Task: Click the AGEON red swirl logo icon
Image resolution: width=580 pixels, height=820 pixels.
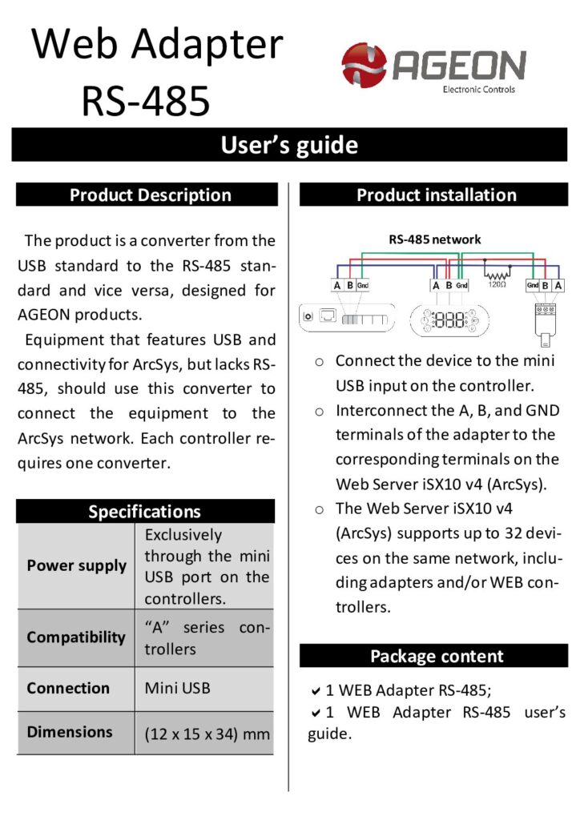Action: pyautogui.click(x=364, y=65)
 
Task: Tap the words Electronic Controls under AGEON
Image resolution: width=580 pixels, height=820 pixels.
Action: pyautogui.click(x=478, y=90)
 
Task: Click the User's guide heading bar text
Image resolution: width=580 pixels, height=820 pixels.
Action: pyautogui.click(x=289, y=145)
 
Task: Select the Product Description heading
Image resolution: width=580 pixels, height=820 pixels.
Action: pyautogui.click(x=151, y=195)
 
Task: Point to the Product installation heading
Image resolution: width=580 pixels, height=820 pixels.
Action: pyautogui.click(x=437, y=195)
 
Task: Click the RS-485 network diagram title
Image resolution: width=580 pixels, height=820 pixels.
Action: pyautogui.click(x=435, y=239)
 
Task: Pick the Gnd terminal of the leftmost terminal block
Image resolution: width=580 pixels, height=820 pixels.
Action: pyautogui.click(x=363, y=286)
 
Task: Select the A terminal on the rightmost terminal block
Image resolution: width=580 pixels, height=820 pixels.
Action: pyautogui.click(x=558, y=285)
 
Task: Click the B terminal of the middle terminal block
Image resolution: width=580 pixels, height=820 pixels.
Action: pyautogui.click(x=449, y=285)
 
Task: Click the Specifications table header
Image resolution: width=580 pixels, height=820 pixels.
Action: pyautogui.click(x=145, y=512)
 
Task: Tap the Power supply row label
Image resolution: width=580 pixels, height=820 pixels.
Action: pyautogui.click(x=77, y=565)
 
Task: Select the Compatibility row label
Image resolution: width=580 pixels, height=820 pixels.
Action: pyautogui.click(x=76, y=637)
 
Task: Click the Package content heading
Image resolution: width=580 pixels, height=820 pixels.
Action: pyautogui.click(x=437, y=657)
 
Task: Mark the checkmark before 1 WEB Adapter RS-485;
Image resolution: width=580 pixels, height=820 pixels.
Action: pyautogui.click(x=316, y=690)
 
